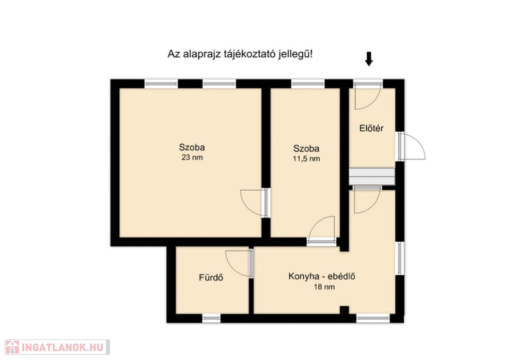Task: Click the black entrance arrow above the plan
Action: click(369, 59)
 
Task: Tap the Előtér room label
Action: click(371, 129)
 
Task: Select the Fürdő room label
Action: click(211, 278)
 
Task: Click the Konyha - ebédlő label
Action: click(322, 276)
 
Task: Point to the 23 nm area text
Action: click(192, 157)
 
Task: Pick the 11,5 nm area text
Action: click(306, 159)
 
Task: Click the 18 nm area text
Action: click(324, 287)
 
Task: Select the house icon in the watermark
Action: click(12, 347)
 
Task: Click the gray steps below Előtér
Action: click(371, 177)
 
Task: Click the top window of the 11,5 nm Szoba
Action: click(308, 83)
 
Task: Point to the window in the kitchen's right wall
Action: click(399, 258)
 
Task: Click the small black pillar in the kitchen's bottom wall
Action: click(344, 310)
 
